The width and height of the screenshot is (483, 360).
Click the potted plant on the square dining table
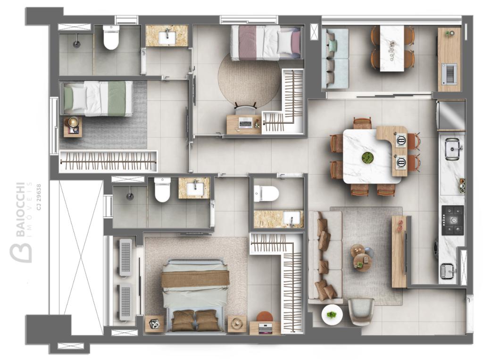(367, 157)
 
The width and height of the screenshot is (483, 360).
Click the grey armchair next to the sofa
(361, 311)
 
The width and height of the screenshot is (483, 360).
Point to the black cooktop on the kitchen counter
(453, 220)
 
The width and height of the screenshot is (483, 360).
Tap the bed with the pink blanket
(266, 42)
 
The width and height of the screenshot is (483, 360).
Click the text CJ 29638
(39, 197)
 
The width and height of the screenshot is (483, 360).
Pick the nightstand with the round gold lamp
(73, 126)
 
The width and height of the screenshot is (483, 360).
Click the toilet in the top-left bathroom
(111, 38)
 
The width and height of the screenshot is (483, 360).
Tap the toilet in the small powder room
(266, 194)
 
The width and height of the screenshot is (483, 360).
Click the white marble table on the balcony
(392, 49)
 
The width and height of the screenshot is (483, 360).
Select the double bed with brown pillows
(195, 296)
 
